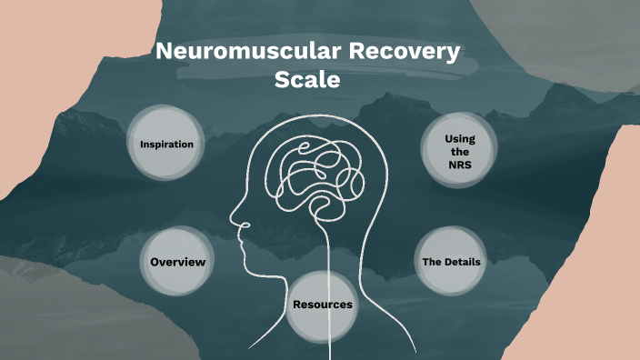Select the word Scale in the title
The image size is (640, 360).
(307, 80)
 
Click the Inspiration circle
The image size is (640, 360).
(166, 144)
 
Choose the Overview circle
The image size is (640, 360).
(177, 262)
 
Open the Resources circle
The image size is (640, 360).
(322, 305)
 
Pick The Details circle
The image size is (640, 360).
(451, 262)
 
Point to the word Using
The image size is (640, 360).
(459, 137)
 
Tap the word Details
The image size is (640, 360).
(462, 262)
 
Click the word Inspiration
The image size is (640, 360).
(166, 144)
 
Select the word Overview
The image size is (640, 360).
(177, 262)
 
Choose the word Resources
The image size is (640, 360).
(322, 305)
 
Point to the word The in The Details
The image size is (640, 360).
(432, 262)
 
